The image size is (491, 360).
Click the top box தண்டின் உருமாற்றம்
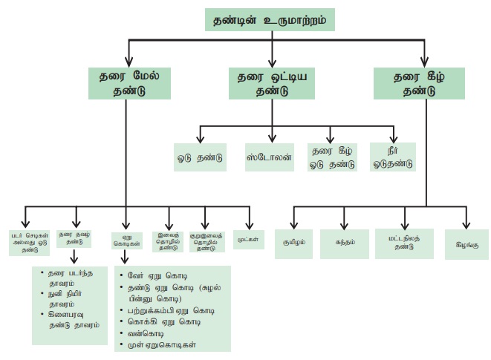[271, 18]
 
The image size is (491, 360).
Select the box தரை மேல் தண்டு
[128, 82]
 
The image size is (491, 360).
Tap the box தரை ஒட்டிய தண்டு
[273, 82]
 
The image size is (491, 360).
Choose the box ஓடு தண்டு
[198, 157]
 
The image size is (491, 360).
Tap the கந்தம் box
[343, 242]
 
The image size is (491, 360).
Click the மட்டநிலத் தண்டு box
[406, 242]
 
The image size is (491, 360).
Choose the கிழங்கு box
[466, 242]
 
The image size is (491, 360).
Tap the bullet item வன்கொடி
[140, 334]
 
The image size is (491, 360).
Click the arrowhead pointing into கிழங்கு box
[466, 226]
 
